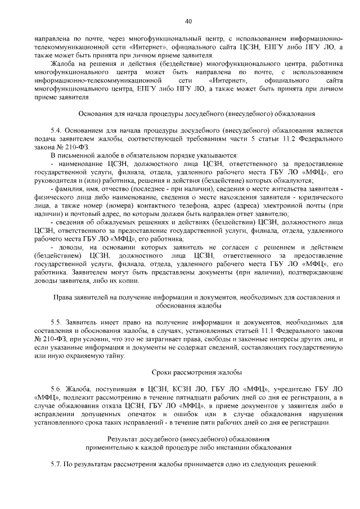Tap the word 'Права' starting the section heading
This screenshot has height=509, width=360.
pyautogui.click(x=62, y=296)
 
